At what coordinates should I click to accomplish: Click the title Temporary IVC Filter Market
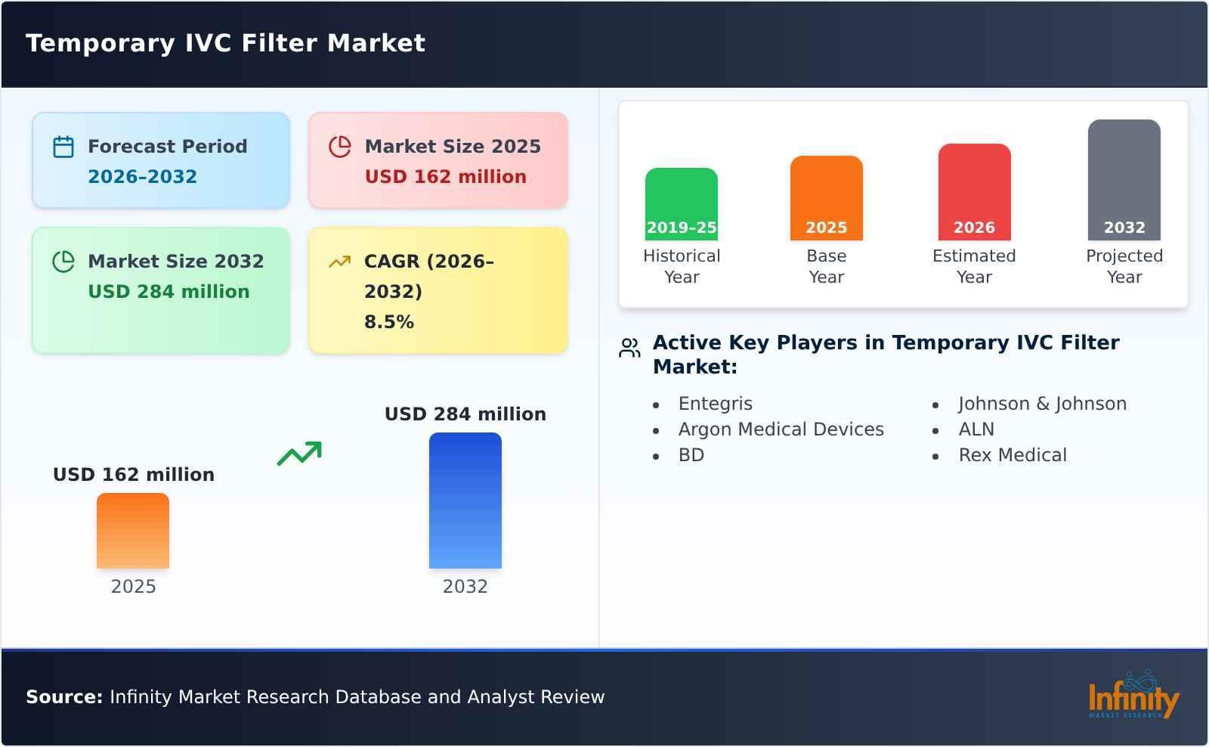225,43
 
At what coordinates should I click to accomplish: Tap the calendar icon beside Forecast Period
63,147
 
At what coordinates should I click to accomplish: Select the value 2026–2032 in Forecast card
142,177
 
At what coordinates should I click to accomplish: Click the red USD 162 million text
445,177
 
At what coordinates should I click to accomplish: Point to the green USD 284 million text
169,292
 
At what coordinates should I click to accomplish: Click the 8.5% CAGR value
388,322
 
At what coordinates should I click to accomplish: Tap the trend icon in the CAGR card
339,262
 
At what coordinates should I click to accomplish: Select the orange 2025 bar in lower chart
133,531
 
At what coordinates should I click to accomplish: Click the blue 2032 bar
465,501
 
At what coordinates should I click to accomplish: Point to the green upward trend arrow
299,454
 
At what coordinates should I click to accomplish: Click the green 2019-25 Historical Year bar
681,204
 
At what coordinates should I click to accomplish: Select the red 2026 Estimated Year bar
974,192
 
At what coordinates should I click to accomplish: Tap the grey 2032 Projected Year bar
1124,180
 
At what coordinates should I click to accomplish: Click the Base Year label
826,266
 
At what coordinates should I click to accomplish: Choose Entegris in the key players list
715,404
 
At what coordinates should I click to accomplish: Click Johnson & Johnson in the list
1042,404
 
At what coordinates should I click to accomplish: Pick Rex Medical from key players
1013,455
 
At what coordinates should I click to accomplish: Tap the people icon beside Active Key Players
629,348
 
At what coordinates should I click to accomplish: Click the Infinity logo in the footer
1133,696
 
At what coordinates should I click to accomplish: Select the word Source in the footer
63,697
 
